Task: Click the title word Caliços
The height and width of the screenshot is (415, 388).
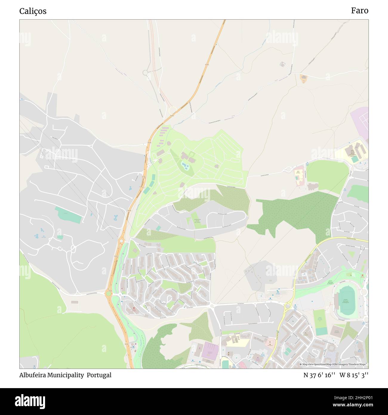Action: point(33,11)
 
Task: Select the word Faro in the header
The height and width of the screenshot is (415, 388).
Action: point(359,10)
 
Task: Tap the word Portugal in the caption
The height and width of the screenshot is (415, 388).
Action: point(99,375)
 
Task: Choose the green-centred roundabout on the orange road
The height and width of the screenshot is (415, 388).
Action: point(108,293)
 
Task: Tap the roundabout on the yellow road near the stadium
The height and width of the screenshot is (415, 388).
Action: point(288,305)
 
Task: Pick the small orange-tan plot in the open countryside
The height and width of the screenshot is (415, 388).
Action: point(304,79)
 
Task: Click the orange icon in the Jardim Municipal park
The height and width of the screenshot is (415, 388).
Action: point(362,276)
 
